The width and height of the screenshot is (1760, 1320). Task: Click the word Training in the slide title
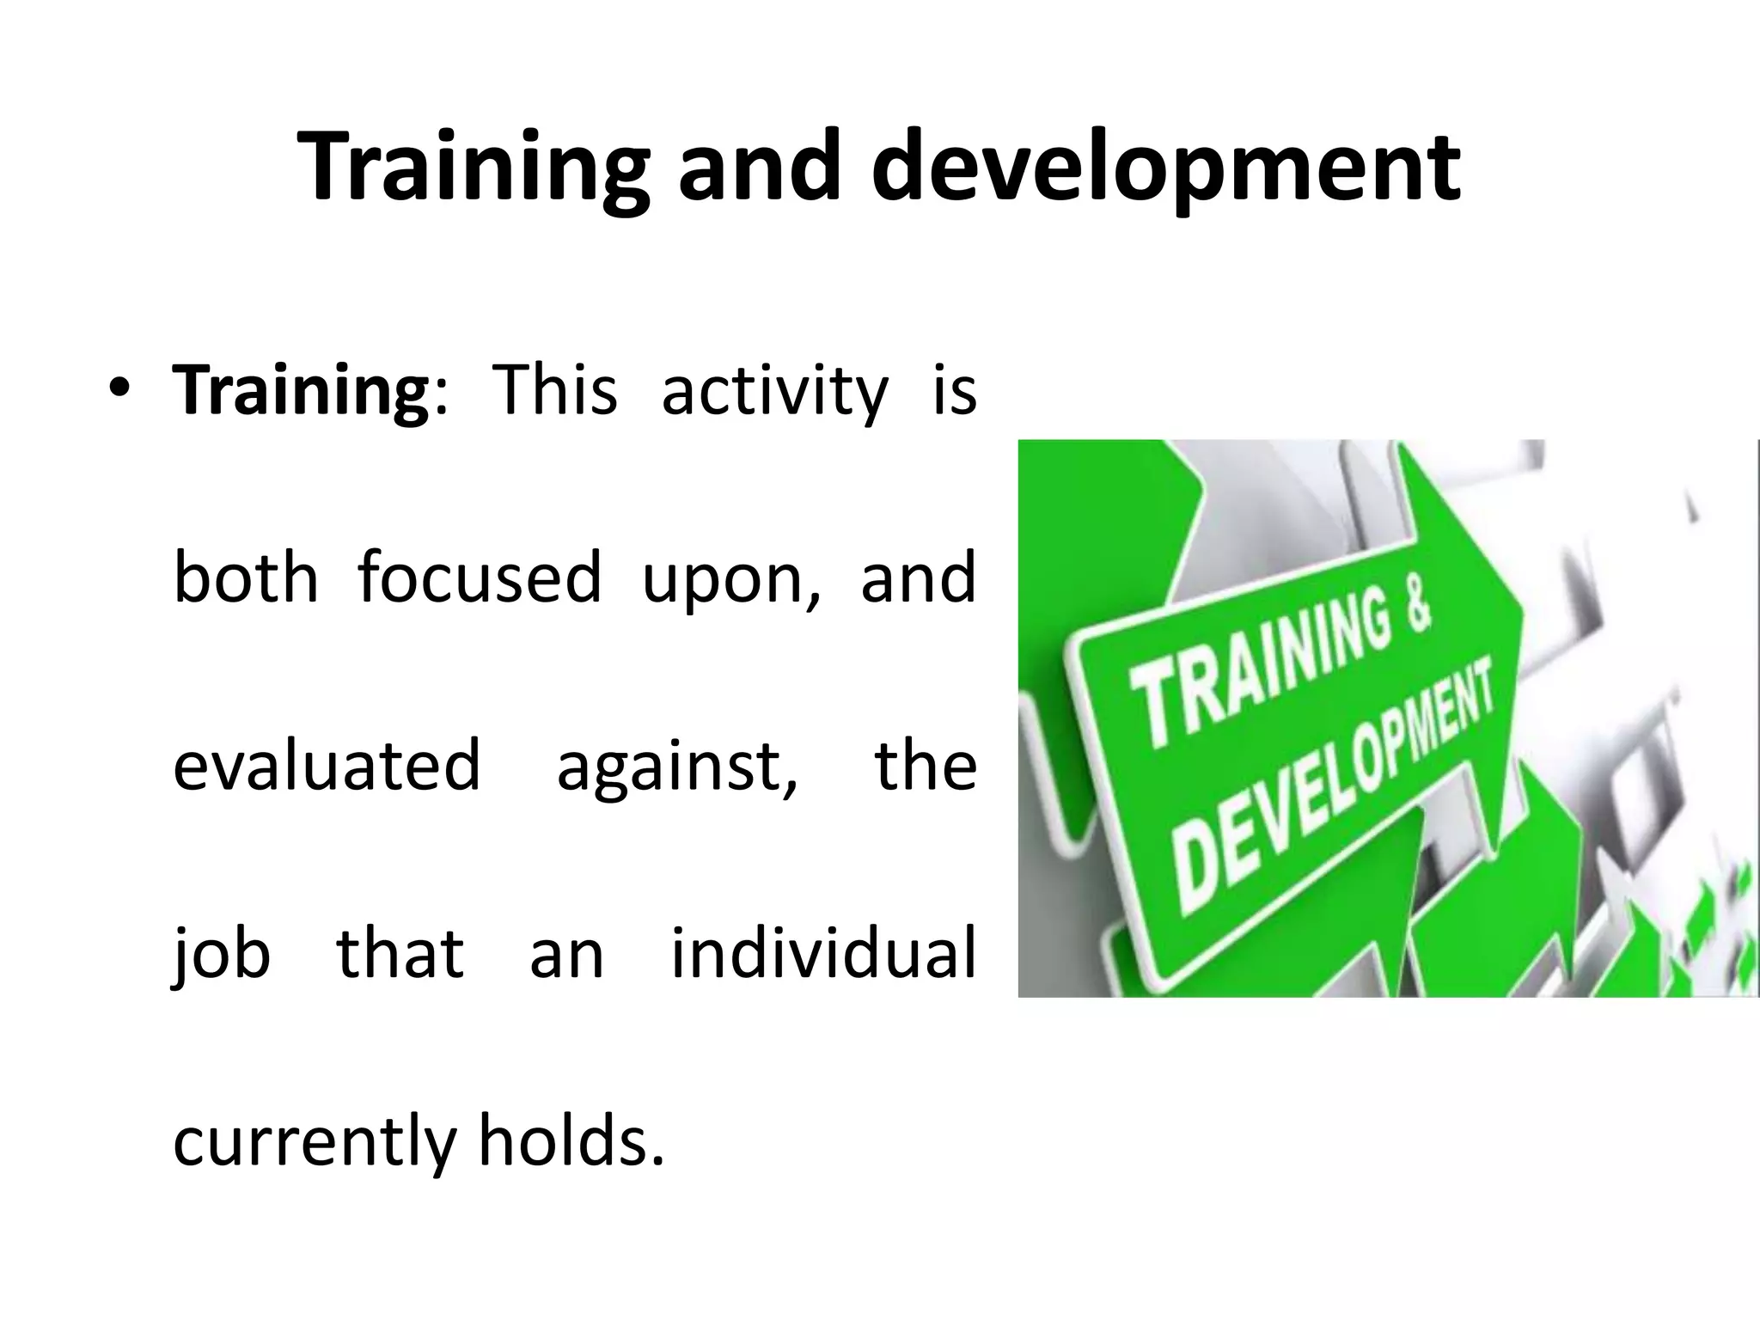tap(474, 168)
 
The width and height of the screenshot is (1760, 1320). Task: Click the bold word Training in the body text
tap(301, 392)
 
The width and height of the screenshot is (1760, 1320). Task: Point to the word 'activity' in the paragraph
tap(774, 392)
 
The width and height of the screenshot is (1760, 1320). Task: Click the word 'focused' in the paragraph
tap(480, 577)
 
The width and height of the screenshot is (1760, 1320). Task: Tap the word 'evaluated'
tap(327, 765)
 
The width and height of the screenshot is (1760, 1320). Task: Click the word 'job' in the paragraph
tap(222, 955)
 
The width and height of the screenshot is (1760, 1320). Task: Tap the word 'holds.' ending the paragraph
tap(571, 1140)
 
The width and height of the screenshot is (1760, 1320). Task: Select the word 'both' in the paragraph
tap(246, 577)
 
